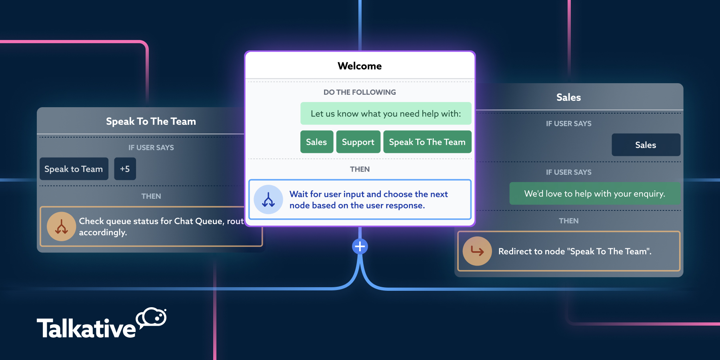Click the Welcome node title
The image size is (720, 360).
(x=360, y=66)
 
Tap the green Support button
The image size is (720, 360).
(x=358, y=142)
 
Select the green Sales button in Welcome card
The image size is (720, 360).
(x=316, y=142)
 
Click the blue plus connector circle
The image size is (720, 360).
(x=360, y=246)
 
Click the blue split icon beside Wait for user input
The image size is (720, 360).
(x=268, y=200)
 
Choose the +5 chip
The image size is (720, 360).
(x=125, y=169)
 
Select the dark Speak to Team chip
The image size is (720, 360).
(x=74, y=169)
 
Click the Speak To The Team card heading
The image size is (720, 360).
(x=151, y=121)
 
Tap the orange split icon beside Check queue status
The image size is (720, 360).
(x=61, y=226)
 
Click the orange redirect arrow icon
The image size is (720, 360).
(x=477, y=251)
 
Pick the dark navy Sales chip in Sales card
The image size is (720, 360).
(x=646, y=145)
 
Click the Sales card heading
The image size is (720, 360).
(x=568, y=97)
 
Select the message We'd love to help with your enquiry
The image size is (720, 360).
(x=594, y=194)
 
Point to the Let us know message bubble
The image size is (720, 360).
(x=386, y=114)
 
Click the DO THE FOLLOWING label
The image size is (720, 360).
(x=360, y=92)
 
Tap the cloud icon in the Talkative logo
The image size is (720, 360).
(x=152, y=318)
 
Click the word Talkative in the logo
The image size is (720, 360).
(x=86, y=328)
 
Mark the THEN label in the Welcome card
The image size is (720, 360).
(x=360, y=169)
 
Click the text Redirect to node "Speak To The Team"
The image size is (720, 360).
(x=575, y=251)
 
